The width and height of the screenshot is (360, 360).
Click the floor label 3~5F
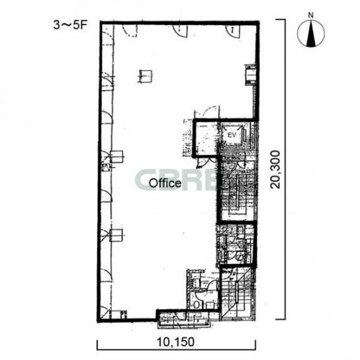(x=70, y=25)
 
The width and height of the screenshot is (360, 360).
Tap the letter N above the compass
(x=310, y=15)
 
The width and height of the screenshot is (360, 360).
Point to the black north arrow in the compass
(x=311, y=33)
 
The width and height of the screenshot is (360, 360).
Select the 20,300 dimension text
(x=275, y=169)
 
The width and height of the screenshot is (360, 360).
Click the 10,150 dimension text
(x=175, y=342)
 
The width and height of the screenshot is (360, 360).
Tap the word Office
(x=165, y=183)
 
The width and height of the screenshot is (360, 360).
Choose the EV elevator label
(x=232, y=135)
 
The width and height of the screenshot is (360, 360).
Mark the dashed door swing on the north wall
(x=130, y=30)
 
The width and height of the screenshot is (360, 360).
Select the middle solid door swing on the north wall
(x=181, y=30)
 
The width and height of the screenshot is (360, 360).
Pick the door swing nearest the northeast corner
(x=232, y=31)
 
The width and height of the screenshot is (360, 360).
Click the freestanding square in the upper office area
(x=146, y=76)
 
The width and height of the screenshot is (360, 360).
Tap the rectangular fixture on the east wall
(x=251, y=75)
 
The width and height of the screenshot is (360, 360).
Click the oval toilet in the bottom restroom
(x=197, y=305)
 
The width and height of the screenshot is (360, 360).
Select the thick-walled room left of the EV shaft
(x=206, y=138)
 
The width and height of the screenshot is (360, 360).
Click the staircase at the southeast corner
(x=238, y=294)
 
